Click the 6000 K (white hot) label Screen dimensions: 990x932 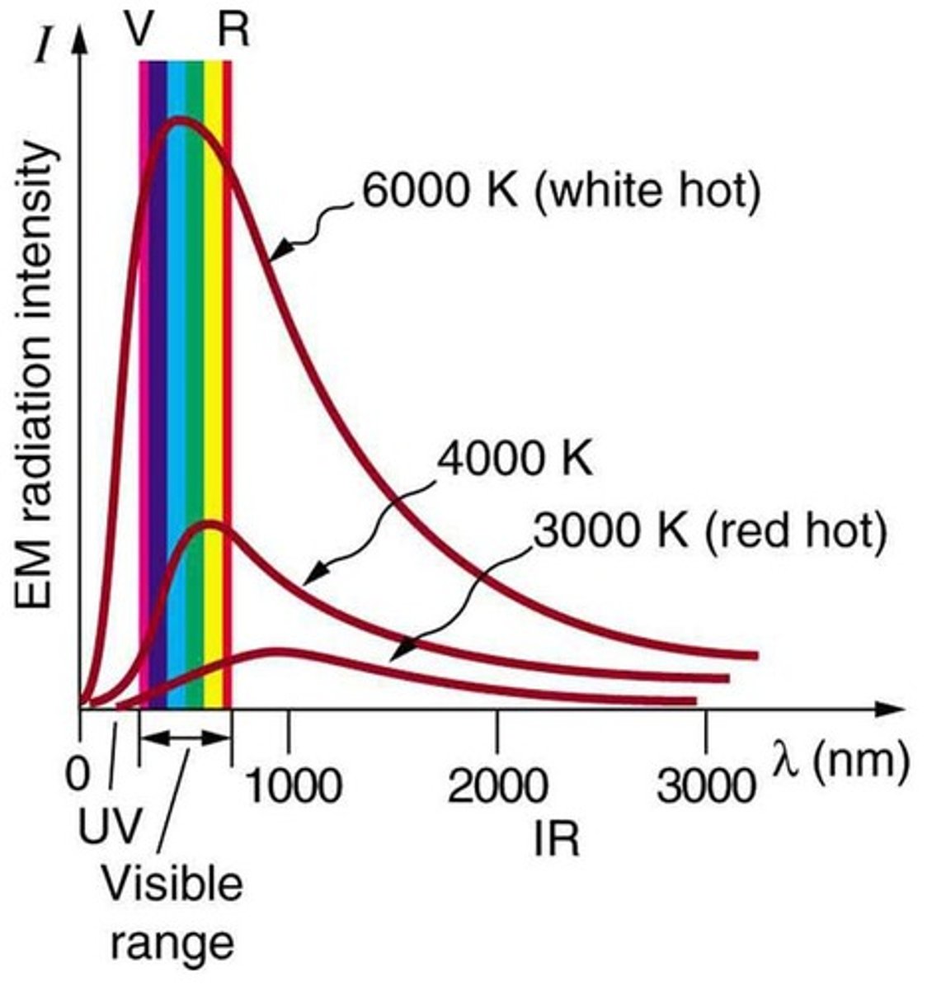point(559,191)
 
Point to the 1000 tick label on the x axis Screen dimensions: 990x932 point(292,786)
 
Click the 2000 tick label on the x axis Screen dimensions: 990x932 point(497,786)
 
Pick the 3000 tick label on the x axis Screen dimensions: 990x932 point(706,786)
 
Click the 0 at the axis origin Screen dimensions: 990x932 point(78,775)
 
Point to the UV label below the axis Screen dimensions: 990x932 point(111,826)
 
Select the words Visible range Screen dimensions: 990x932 point(172,912)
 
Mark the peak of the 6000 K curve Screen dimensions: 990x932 point(180,122)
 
